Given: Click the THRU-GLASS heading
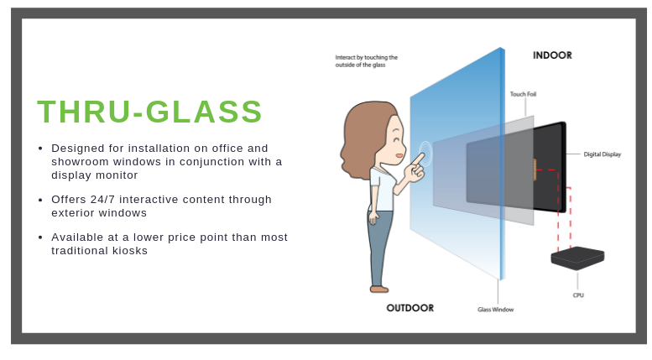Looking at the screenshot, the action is pyautogui.click(x=149, y=112).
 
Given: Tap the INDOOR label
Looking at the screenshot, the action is pyautogui.click(x=552, y=55).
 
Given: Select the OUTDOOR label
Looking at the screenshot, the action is pyautogui.click(x=410, y=308).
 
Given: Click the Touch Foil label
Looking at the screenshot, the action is pyautogui.click(x=523, y=94).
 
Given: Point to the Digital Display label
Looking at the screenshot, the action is pyautogui.click(x=602, y=154).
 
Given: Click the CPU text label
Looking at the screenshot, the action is pyautogui.click(x=578, y=295).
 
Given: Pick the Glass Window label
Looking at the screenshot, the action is pyautogui.click(x=496, y=310).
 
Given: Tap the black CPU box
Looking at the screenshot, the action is pyautogui.click(x=577, y=258).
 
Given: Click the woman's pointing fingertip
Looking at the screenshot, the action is pyautogui.click(x=423, y=155).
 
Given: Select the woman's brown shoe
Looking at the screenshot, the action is pyautogui.click(x=378, y=289).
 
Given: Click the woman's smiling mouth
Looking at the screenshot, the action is pyautogui.click(x=399, y=156).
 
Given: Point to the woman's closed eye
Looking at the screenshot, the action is pyautogui.click(x=395, y=138).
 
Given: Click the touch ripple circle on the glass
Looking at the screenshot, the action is pyautogui.click(x=425, y=153).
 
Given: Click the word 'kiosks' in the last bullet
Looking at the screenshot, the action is pyautogui.click(x=130, y=251).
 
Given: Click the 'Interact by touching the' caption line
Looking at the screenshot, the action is pyautogui.click(x=367, y=57).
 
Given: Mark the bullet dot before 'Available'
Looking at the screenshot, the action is pyautogui.click(x=40, y=237).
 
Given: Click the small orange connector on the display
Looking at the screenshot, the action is pyautogui.click(x=535, y=170).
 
